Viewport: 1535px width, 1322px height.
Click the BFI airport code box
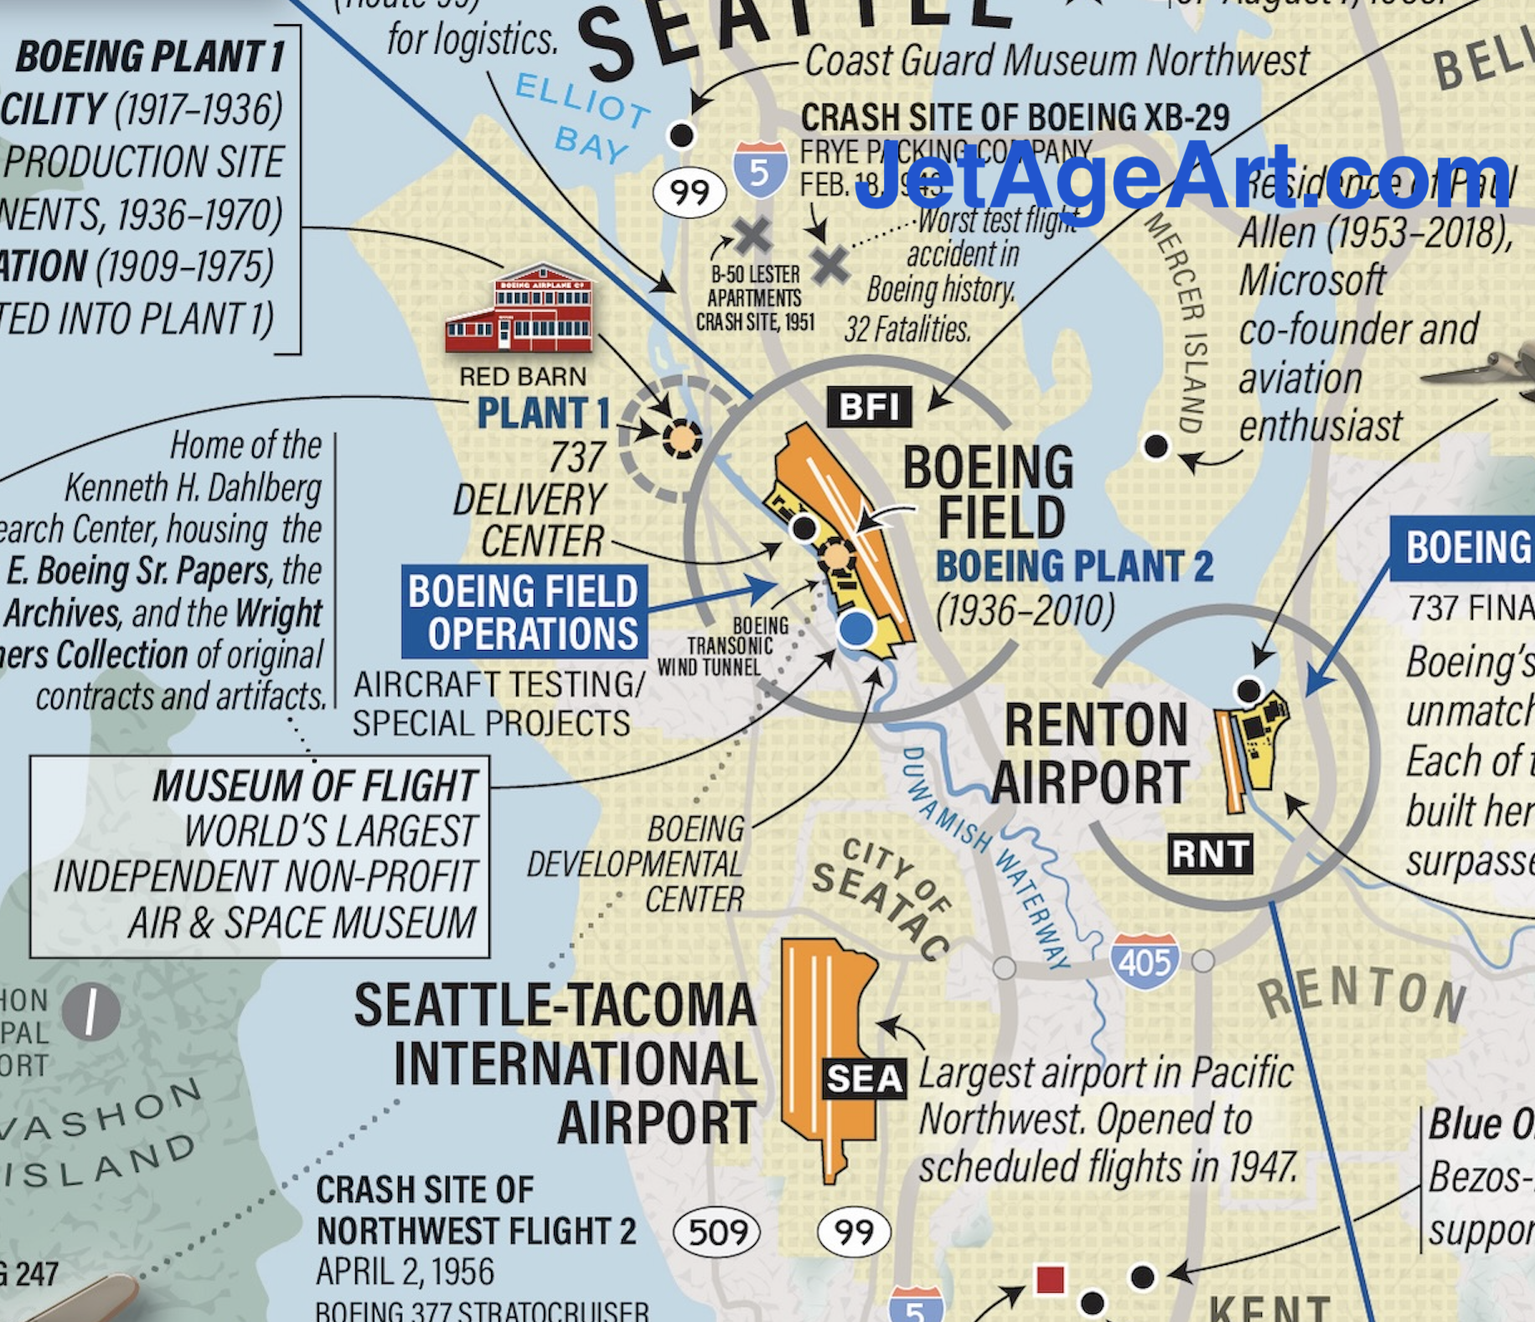(869, 407)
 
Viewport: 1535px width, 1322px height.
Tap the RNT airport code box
(1211, 855)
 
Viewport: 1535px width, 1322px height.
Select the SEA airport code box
(865, 1079)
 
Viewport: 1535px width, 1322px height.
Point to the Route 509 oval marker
(716, 1232)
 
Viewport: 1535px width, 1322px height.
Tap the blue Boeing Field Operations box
(524, 612)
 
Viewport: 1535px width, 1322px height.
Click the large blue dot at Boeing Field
(855, 628)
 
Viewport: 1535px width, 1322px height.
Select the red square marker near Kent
(1050, 1279)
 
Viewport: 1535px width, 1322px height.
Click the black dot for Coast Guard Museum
(681, 135)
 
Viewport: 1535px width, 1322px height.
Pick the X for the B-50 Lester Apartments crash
(752, 235)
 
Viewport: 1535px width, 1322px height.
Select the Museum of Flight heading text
(315, 786)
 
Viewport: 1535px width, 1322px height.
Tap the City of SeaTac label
(884, 896)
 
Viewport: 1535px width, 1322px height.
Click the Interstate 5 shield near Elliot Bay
(759, 171)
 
